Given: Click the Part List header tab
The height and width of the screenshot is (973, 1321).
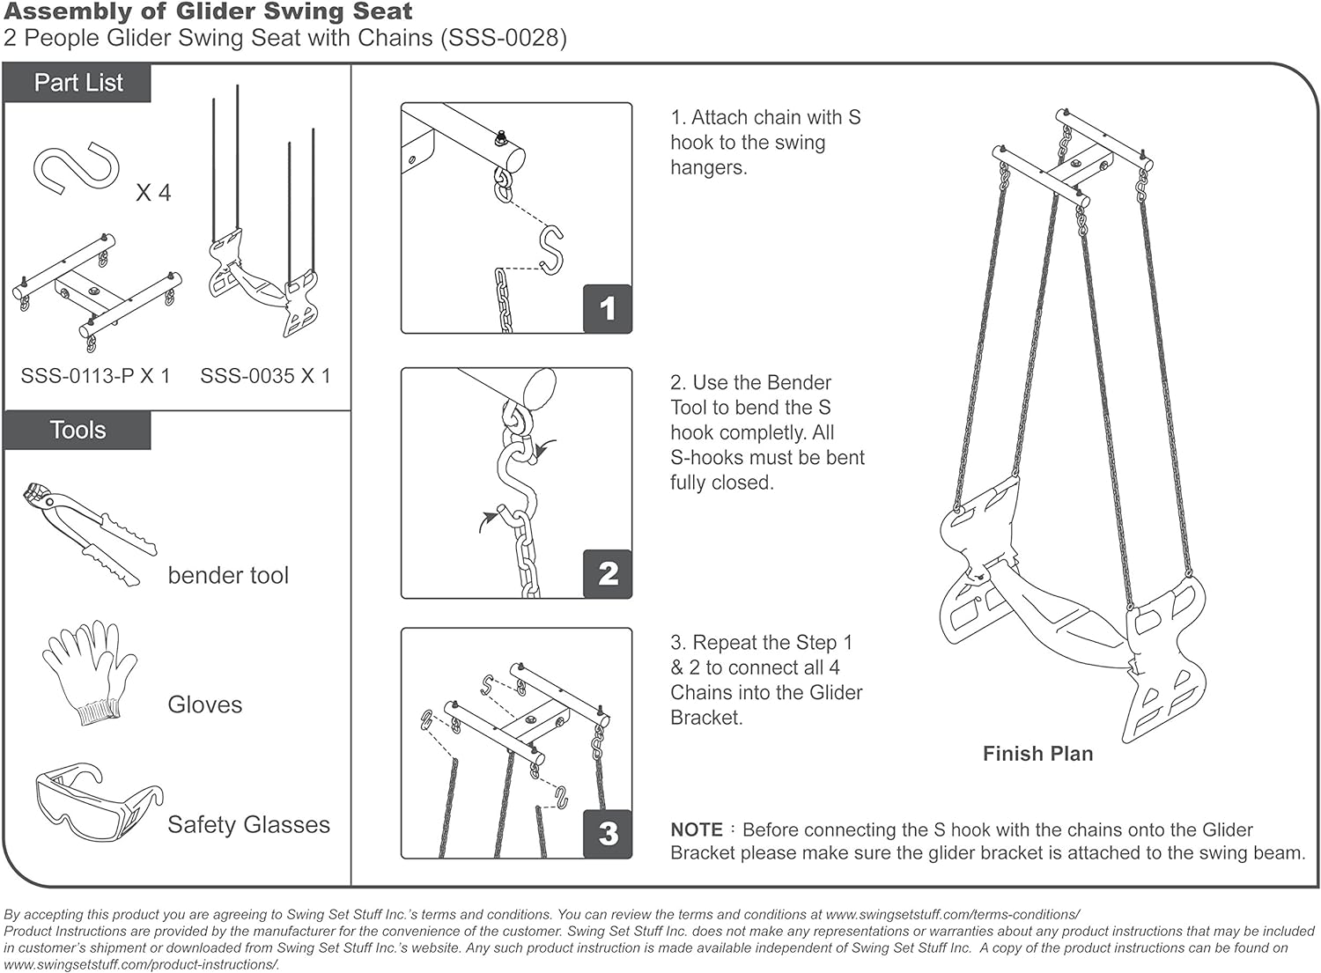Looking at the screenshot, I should (x=78, y=83).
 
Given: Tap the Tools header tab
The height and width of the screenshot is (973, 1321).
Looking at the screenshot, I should (x=77, y=430).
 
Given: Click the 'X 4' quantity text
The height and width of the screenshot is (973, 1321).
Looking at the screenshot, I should (x=153, y=193).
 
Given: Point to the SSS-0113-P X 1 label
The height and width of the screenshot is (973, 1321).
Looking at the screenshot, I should (x=95, y=376).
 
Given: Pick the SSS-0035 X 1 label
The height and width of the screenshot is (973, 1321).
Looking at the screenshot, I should (x=265, y=376).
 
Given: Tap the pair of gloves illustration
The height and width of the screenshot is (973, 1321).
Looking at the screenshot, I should (x=89, y=671).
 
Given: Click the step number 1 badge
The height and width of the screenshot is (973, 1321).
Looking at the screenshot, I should (x=607, y=308).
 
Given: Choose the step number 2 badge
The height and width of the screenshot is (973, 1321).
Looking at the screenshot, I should (x=607, y=573).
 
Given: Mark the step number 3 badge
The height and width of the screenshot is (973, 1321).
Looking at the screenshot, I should (x=607, y=833).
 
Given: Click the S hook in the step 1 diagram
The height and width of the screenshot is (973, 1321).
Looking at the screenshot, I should (x=551, y=249).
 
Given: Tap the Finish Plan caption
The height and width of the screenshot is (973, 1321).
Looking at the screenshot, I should (x=1037, y=754).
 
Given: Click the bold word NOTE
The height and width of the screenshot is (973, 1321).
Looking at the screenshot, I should (x=696, y=829).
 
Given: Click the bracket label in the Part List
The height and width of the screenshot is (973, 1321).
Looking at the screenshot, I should (x=95, y=376).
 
